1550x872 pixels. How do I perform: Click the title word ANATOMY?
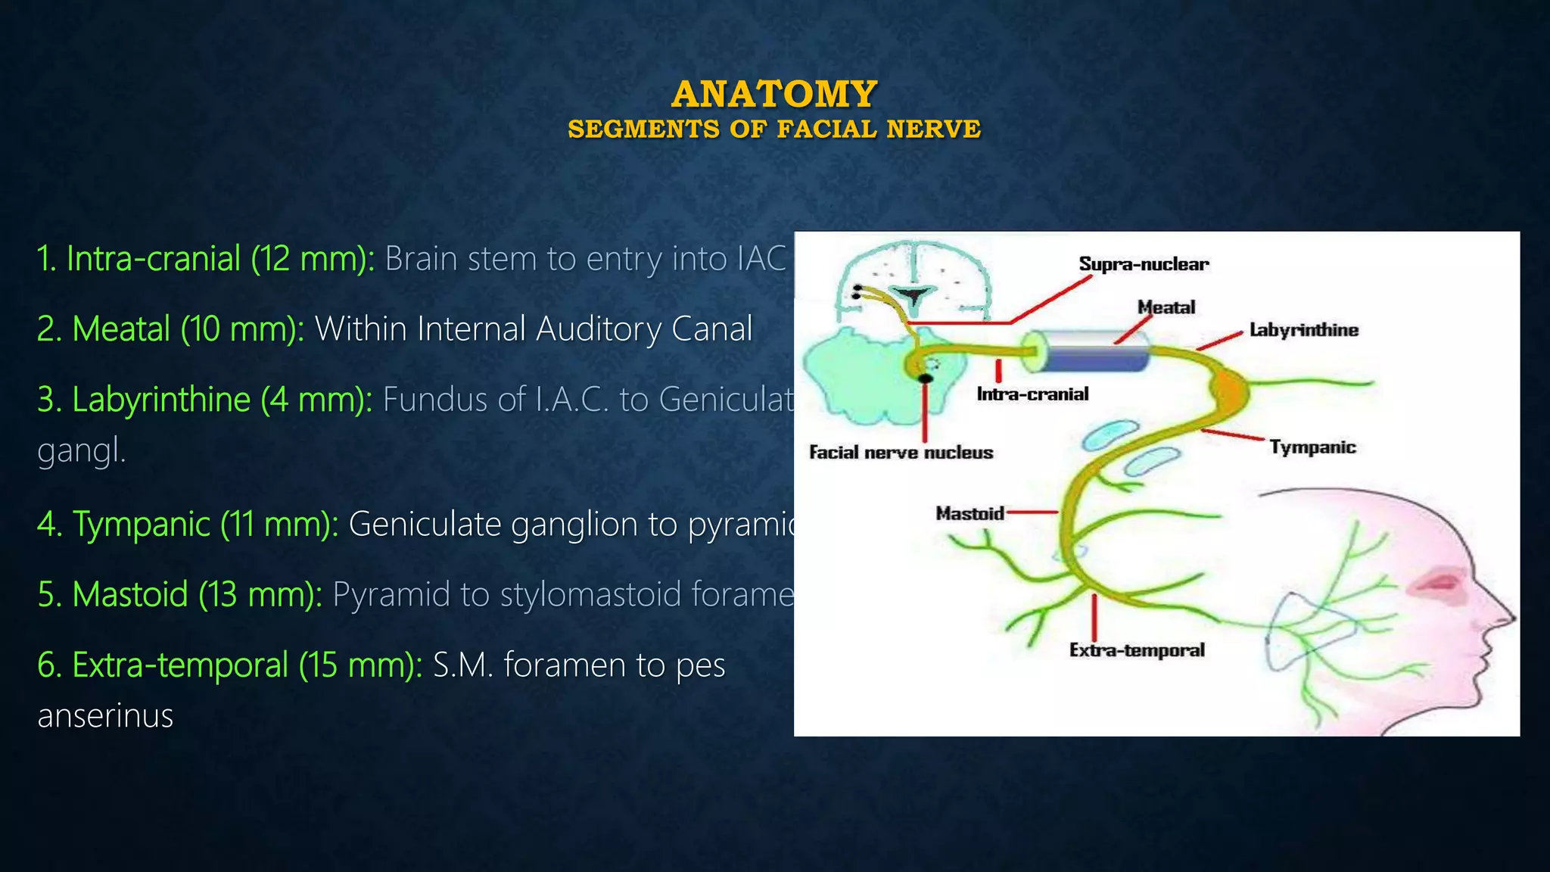pyautogui.click(x=774, y=95)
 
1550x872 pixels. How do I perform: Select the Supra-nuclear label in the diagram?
pyautogui.click(x=1144, y=264)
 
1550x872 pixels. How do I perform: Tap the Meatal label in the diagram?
pyautogui.click(x=1166, y=307)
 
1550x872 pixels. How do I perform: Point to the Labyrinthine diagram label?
pyautogui.click(x=1303, y=330)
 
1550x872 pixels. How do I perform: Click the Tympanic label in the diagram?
pyautogui.click(x=1312, y=447)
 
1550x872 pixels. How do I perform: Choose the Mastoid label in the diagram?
pyautogui.click(x=970, y=513)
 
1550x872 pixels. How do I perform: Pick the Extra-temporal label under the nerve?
pyautogui.click(x=1137, y=650)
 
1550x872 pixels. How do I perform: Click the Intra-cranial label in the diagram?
pyautogui.click(x=1032, y=394)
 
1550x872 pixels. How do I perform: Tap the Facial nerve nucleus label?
pyautogui.click(x=901, y=453)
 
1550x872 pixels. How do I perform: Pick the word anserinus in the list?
pyautogui.click(x=105, y=716)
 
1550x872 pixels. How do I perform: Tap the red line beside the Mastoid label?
pyautogui.click(x=1032, y=512)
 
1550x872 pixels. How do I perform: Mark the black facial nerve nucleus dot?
pyautogui.click(x=925, y=378)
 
